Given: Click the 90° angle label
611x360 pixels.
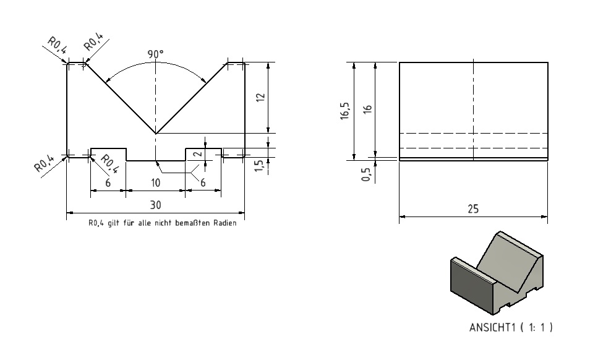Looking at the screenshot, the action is (x=155, y=54).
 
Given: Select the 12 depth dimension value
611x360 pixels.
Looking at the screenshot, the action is (x=260, y=97).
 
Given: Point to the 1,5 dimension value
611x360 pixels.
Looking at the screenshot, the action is (x=258, y=166).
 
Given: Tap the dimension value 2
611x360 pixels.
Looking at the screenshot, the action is (x=199, y=154).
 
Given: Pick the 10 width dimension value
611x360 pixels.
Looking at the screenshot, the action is (x=155, y=182).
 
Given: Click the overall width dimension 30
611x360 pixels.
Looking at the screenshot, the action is (x=155, y=205).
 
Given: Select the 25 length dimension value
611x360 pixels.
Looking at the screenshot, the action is (x=473, y=209).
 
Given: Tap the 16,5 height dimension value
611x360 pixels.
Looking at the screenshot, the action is (x=345, y=111).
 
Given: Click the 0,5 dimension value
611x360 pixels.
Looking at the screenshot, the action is (x=365, y=174).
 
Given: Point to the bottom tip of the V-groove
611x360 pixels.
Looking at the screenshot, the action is (x=155, y=134).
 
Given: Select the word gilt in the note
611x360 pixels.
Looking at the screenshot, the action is (x=113, y=223).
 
